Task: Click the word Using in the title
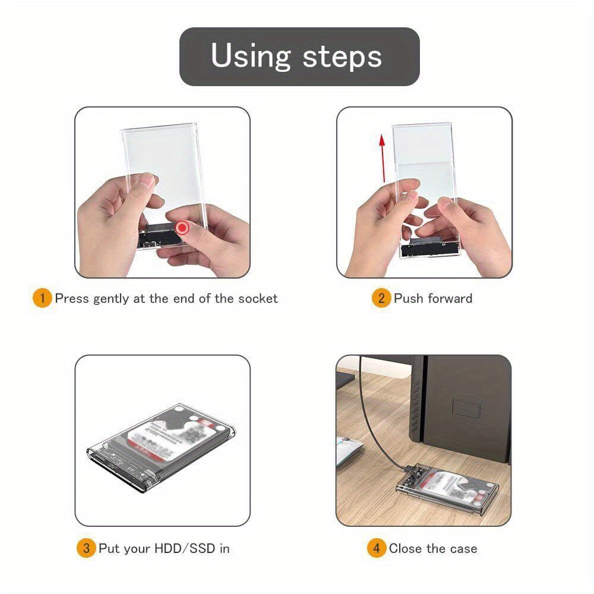250,56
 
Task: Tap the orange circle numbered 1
42,298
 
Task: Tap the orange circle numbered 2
381,298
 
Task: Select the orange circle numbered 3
86,548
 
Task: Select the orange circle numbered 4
376,548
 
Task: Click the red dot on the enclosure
183,228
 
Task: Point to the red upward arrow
383,158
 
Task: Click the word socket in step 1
258,298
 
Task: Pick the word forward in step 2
450,298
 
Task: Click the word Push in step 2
407,298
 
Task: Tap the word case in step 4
462,548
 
